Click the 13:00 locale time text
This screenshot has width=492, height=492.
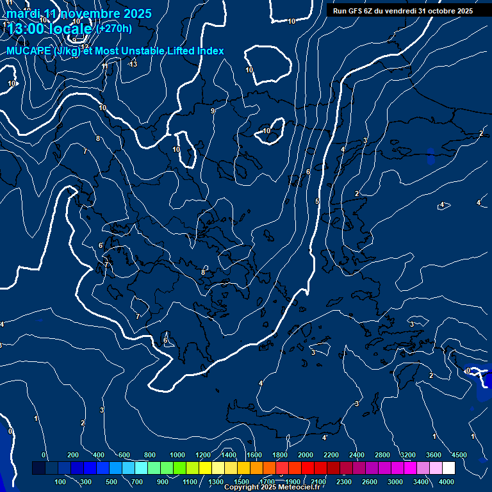tap(50, 29)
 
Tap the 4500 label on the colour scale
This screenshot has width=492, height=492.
tap(459, 455)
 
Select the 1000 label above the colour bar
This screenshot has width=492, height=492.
tap(177, 455)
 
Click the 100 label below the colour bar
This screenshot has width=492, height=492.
tap(61, 482)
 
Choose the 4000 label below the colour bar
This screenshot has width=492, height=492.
tap(447, 482)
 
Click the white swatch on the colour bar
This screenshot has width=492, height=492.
tap(448, 468)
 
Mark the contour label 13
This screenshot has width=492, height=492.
tap(133, 64)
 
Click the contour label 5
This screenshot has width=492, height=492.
tap(317, 202)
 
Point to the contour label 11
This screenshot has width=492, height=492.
tap(105, 67)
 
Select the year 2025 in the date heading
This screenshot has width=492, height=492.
tap(137, 13)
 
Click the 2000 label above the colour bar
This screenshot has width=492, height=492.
tap(306, 455)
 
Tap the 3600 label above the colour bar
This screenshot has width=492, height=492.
tap(434, 455)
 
